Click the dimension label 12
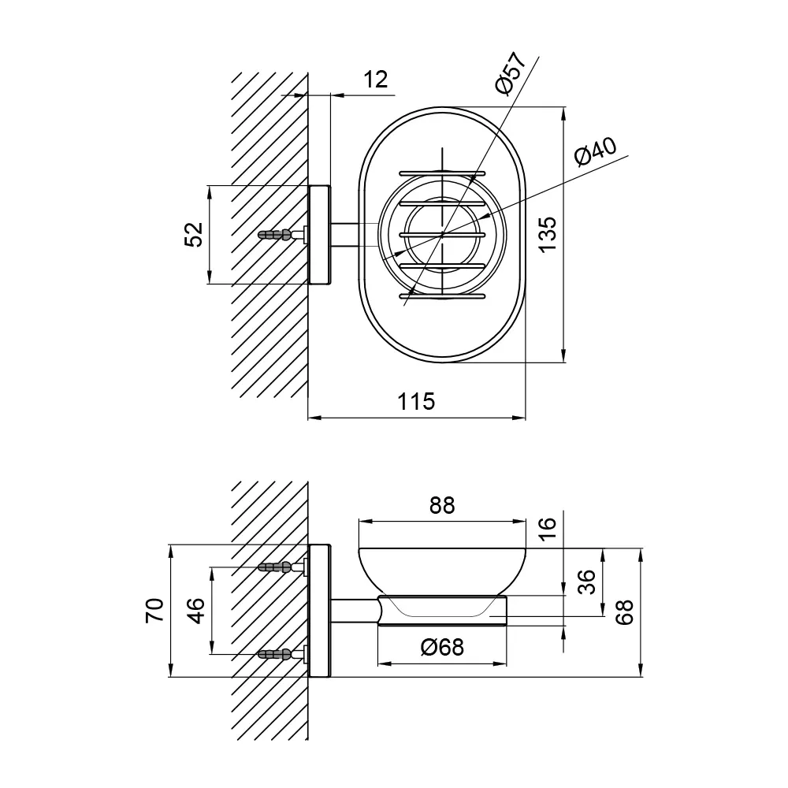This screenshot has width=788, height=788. [x=375, y=80]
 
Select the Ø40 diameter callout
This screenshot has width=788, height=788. [x=596, y=151]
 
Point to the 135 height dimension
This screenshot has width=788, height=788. [x=547, y=234]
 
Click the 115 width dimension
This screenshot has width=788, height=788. [x=416, y=402]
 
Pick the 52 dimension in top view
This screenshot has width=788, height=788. [x=194, y=234]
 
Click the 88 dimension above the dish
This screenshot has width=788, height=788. [x=442, y=505]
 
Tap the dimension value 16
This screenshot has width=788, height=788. [x=547, y=528]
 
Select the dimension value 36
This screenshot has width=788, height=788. [x=586, y=582]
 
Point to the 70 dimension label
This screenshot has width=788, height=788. [x=154, y=611]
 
